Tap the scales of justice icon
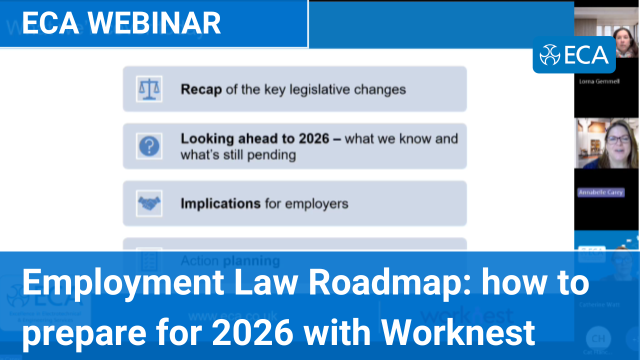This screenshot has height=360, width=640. [x=149, y=89]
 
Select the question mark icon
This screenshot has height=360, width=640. [x=149, y=146]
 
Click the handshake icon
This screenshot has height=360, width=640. [x=149, y=203]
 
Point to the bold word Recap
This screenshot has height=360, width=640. [x=201, y=90]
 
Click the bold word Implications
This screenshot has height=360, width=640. [x=220, y=204]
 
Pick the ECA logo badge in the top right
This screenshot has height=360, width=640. [x=574, y=54]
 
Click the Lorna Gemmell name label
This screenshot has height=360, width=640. [x=599, y=81]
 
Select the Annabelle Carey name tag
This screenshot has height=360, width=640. [x=601, y=192]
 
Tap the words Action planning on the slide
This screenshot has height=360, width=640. [x=230, y=260]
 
